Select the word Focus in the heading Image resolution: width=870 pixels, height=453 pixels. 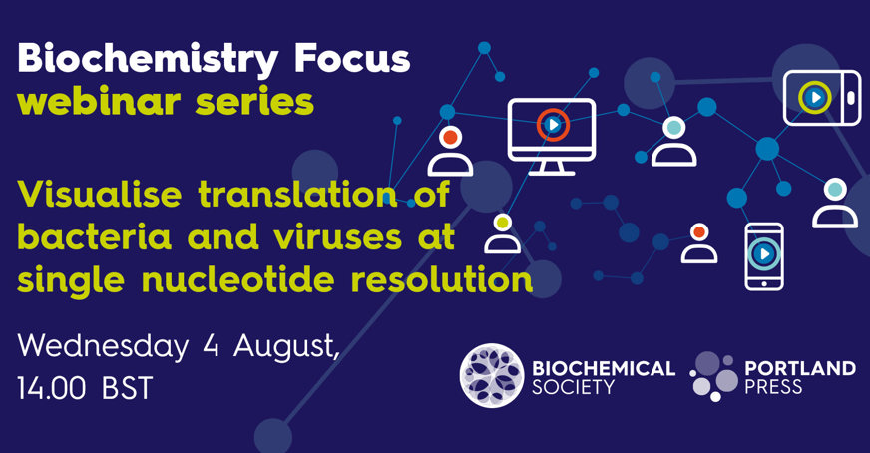pyautogui.click(x=352, y=58)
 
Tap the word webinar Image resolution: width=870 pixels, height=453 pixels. pyautogui.click(x=99, y=102)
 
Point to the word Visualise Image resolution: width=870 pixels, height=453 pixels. pyautogui.click(x=100, y=194)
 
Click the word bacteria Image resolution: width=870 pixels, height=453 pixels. pyautogui.click(x=95, y=236)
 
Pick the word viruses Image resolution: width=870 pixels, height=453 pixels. pyautogui.click(x=337, y=237)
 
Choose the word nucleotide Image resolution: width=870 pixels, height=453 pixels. pyautogui.click(x=238, y=279)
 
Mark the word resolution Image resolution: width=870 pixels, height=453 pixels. pyautogui.click(x=442, y=279)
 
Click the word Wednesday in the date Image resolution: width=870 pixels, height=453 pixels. pyautogui.click(x=103, y=347)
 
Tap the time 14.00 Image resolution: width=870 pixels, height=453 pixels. pyautogui.click(x=51, y=387)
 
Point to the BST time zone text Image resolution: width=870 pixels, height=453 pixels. pyautogui.click(x=127, y=387)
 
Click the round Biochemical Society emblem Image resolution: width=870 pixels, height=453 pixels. pyautogui.click(x=492, y=375)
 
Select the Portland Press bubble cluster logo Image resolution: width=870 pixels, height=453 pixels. pyautogui.click(x=714, y=375)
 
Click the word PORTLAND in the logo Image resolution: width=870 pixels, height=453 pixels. pyautogui.click(x=800, y=367)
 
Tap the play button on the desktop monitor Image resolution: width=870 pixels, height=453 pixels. pyautogui.click(x=553, y=125)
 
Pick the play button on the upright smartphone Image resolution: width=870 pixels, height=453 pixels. pyautogui.click(x=764, y=254)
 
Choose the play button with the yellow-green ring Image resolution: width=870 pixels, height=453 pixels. pyautogui.click(x=815, y=97)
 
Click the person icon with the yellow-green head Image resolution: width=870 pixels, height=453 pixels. pyautogui.click(x=502, y=233)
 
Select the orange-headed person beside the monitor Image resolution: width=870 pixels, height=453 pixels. pyautogui.click(x=450, y=151)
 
